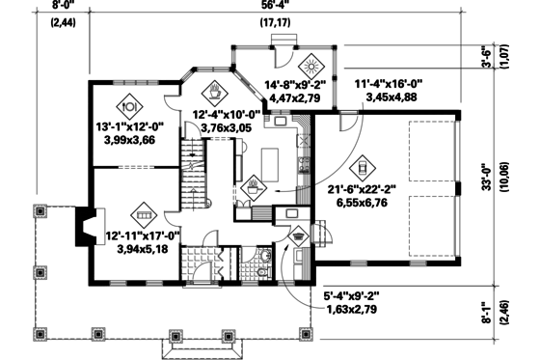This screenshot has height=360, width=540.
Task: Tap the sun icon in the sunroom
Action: click(x=310, y=68)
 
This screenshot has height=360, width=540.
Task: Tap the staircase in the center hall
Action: click(x=197, y=165)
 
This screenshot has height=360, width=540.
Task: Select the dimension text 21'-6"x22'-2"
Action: click(x=364, y=191)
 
